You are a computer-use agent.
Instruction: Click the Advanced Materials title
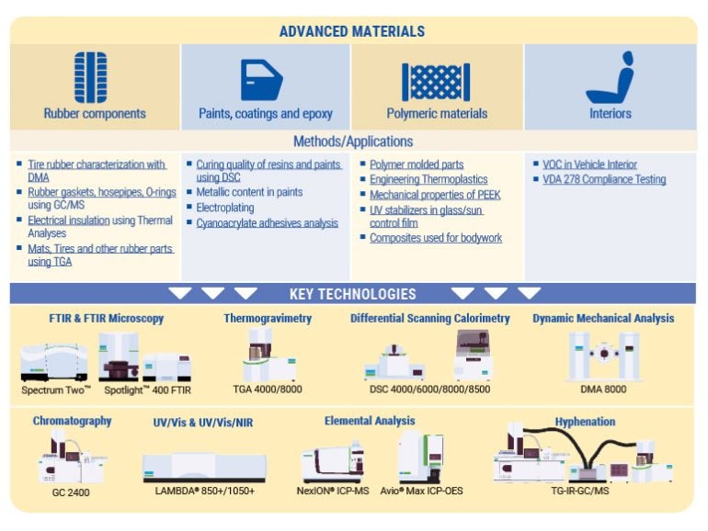[352, 31]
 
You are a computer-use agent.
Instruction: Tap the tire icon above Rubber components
[91, 77]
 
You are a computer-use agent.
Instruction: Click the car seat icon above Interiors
[610, 78]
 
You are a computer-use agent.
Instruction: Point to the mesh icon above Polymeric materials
[436, 81]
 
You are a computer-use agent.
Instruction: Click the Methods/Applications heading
[353, 141]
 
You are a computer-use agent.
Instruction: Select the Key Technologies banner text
[353, 294]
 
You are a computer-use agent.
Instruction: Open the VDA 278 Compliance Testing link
[604, 179]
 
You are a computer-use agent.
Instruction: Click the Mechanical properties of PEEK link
[435, 194]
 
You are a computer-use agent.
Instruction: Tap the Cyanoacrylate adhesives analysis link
[267, 223]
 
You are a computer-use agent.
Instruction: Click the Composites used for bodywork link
[436, 238]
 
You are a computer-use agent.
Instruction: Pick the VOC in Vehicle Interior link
[595, 164]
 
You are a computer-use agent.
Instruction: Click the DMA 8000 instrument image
[602, 355]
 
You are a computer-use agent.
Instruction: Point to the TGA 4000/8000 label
[268, 389]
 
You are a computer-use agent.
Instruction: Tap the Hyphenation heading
[585, 422]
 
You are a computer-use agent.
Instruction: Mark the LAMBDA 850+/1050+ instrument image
[204, 466]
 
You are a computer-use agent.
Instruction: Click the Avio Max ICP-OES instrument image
[422, 457]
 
